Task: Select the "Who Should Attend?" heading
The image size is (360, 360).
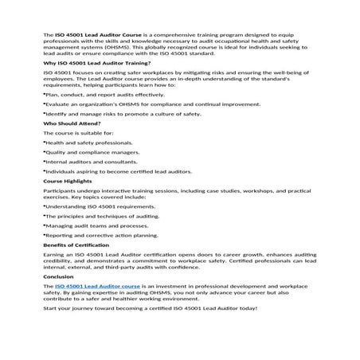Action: tap(72, 123)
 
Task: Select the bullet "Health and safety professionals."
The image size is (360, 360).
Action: tap(88, 143)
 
